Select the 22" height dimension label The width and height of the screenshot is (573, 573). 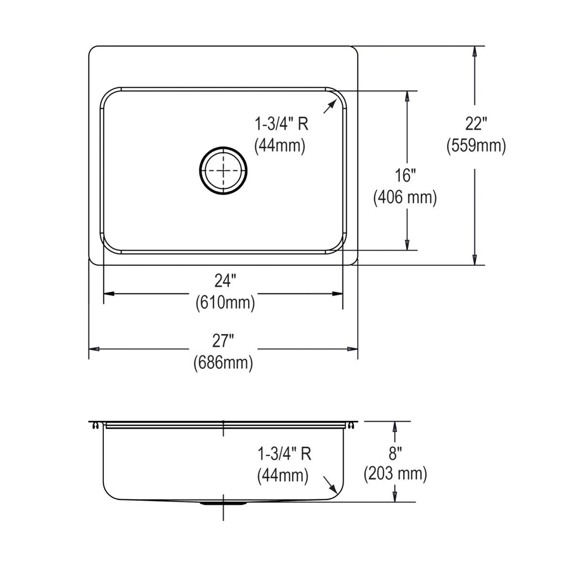(x=476, y=124)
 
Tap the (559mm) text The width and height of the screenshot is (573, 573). (x=476, y=146)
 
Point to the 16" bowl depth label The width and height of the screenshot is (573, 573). (x=405, y=175)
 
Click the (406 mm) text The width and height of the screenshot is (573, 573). (x=405, y=197)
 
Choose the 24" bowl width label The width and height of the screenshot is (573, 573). (x=225, y=281)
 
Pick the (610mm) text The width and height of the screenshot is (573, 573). (x=225, y=303)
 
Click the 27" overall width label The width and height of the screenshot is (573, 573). (x=223, y=341)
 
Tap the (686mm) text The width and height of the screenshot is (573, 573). (x=223, y=363)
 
